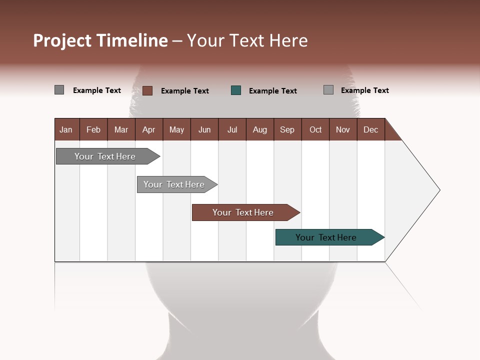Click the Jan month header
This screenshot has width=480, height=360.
coord(66,129)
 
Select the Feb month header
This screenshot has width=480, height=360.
coord(93,129)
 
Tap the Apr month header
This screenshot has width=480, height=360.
coord(148,129)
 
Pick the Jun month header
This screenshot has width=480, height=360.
coord(204,129)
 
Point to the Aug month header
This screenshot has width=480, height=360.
coord(259,129)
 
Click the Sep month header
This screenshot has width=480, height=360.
coord(287,129)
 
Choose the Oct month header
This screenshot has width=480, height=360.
coord(315,129)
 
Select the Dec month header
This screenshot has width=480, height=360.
coord(370,129)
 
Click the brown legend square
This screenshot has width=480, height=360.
coord(147,90)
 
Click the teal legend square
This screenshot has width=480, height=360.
coord(236,90)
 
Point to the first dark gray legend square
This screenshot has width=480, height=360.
coord(59,90)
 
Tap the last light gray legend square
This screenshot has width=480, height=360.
coord(328,90)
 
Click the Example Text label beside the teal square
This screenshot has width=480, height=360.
coord(272,91)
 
